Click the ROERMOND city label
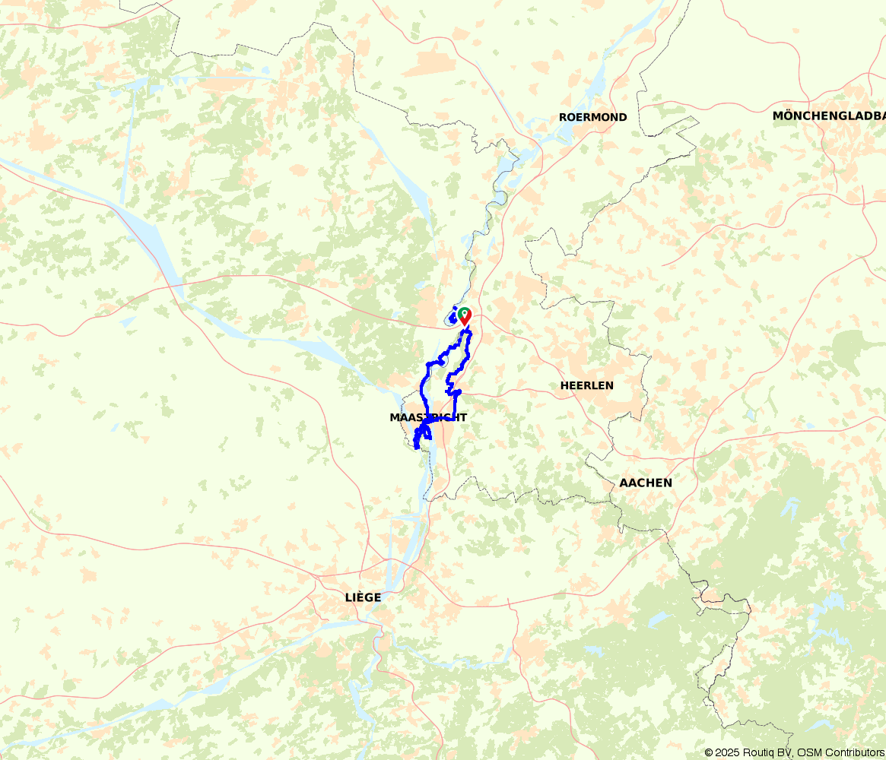click(592, 117)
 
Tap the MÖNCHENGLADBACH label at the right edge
click(829, 116)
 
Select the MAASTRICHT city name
click(427, 417)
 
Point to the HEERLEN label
click(586, 385)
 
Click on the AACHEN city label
click(645, 483)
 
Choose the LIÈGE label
click(363, 597)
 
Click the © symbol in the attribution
click(709, 752)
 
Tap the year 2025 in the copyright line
click(726, 752)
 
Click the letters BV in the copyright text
click(783, 752)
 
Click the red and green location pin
click(464, 315)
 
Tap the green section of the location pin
click(464, 312)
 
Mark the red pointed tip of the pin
click(464, 325)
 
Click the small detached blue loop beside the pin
click(453, 316)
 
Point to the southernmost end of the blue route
click(416, 447)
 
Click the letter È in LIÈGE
click(360, 597)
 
